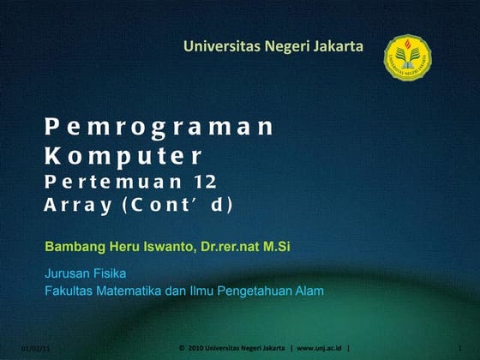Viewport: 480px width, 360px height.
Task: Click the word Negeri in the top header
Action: click(272, 45)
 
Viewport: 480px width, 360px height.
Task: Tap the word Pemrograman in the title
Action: click(159, 128)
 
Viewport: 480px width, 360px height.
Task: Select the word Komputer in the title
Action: click(123, 157)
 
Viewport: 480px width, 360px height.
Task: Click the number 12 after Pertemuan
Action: click(205, 182)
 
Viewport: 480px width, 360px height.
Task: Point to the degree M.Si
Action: click(277, 247)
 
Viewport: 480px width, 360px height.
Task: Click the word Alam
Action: click(309, 291)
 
